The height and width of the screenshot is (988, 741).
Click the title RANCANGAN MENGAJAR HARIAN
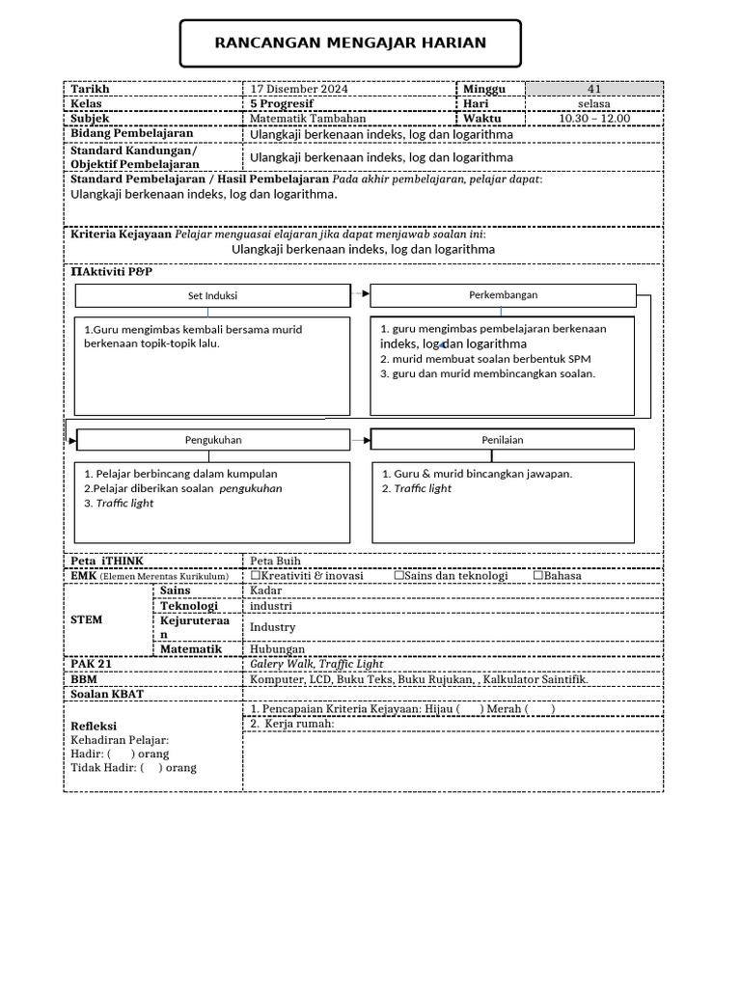click(350, 43)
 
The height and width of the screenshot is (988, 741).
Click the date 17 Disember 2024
click(299, 89)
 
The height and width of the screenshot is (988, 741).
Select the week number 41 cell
click(593, 89)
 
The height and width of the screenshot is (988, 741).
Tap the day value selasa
click(593, 104)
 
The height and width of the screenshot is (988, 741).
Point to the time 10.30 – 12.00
click(593, 119)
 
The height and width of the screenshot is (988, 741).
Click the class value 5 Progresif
click(282, 103)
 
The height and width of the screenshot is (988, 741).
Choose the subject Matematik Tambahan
click(300, 119)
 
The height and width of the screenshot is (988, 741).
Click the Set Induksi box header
click(212, 295)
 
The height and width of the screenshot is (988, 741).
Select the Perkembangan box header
click(503, 294)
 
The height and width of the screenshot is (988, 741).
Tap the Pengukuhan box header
click(213, 440)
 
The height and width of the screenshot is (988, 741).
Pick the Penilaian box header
click(503, 440)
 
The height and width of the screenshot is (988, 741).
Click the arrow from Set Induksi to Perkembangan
click(360, 292)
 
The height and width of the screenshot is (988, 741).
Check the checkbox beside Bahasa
click(537, 575)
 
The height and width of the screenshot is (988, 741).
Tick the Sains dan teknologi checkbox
click(398, 575)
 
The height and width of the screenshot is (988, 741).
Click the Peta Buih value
click(275, 561)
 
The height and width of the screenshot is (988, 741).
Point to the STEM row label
click(87, 620)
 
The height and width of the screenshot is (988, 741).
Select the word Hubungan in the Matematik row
click(277, 649)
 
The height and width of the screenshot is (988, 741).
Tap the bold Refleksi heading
click(94, 726)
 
